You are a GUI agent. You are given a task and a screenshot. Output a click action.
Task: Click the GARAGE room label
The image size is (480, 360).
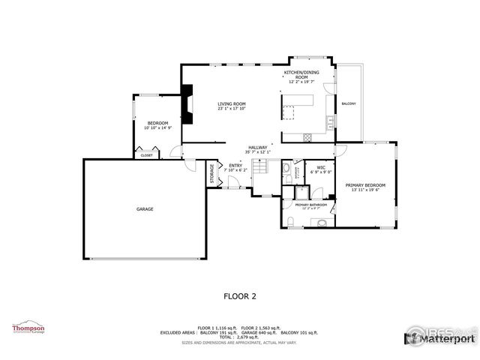point(145,209)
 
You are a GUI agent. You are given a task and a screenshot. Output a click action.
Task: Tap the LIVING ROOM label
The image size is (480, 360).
point(232,104)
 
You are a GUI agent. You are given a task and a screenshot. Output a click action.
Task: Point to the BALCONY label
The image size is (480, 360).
point(349,103)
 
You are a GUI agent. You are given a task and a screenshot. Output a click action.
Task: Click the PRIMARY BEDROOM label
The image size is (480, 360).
point(365,185)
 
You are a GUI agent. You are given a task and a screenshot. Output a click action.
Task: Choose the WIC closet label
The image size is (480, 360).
point(321,168)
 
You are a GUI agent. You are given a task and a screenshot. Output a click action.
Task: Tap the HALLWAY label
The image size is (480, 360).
point(258,148)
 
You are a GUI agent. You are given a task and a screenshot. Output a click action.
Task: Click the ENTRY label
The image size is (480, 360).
point(235,166)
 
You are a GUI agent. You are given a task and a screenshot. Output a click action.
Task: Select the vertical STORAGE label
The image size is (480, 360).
point(212,174)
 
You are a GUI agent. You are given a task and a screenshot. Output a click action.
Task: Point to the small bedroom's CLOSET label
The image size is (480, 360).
point(145,155)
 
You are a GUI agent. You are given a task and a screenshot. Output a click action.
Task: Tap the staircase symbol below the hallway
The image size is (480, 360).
point(259,169)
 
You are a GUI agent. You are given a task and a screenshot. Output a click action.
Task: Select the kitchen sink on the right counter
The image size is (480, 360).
point(329,121)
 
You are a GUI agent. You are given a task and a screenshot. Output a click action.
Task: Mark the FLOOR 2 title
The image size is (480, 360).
point(240,296)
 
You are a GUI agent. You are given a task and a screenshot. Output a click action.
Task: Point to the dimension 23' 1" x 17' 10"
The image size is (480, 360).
point(232,109)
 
